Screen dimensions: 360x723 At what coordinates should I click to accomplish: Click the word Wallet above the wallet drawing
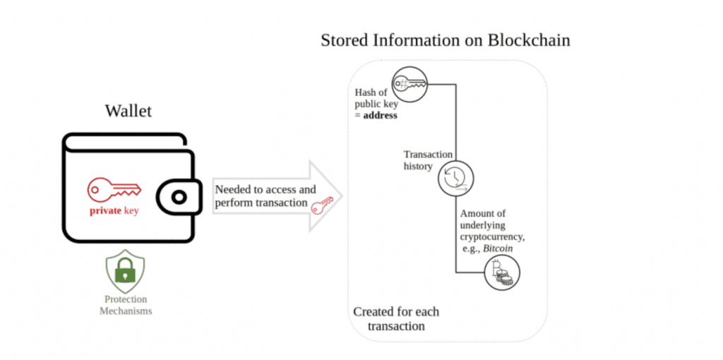(x=128, y=111)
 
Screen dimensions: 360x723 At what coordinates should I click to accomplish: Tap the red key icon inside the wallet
(x=114, y=189)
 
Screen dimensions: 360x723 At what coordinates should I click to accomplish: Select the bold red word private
(x=105, y=210)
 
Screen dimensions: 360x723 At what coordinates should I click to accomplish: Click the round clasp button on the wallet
(x=179, y=197)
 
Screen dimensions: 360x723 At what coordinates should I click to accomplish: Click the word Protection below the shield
(x=126, y=299)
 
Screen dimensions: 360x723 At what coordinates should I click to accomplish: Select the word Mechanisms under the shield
(x=126, y=311)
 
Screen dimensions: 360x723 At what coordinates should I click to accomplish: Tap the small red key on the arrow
(x=322, y=204)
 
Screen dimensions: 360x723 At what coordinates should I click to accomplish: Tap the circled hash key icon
(x=409, y=84)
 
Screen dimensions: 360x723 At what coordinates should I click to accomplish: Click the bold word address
(x=380, y=115)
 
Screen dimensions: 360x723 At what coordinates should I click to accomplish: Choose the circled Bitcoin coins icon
(x=501, y=272)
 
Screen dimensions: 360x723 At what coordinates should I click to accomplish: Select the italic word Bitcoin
(x=498, y=249)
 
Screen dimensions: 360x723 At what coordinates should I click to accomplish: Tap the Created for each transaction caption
(x=395, y=319)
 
